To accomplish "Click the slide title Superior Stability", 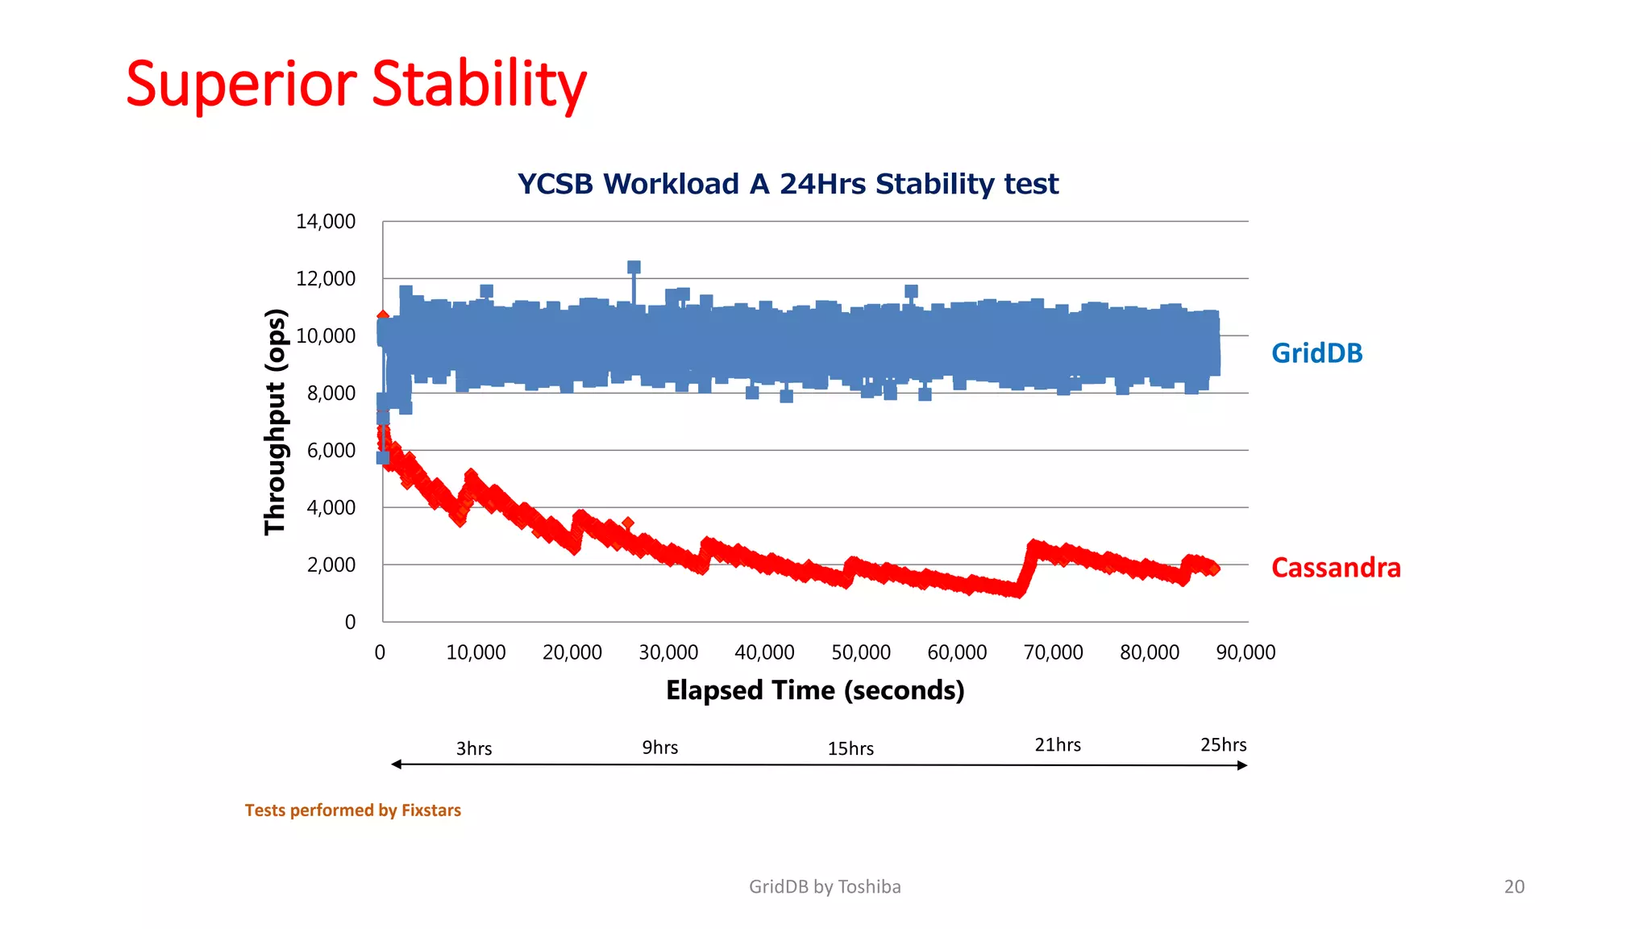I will coord(356,85).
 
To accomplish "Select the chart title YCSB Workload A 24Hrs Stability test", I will coord(788,184).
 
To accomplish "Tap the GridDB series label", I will coord(1316,353).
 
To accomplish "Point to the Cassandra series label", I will coord(1336,568).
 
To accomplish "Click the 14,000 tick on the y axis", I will coord(326,222).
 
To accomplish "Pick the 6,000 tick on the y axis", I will coord(331,451).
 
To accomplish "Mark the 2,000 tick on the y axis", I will coord(331,565).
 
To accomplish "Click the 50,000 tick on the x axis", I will coord(861,652).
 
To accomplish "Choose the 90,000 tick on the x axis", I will coord(1246,652).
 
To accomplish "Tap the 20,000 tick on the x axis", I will coord(572,652).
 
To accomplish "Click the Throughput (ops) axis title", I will coord(276,422).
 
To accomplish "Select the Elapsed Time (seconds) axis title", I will coord(815,690).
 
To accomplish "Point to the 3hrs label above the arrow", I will coord(474,748).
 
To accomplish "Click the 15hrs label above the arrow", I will coord(850,748).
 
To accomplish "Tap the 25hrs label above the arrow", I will coord(1223,745).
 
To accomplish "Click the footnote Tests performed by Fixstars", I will coord(353,810).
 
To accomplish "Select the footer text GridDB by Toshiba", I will coord(825,887).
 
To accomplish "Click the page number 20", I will coord(1514,887).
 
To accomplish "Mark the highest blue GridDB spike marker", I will coord(634,268).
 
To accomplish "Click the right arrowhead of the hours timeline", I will coord(1242,765).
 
